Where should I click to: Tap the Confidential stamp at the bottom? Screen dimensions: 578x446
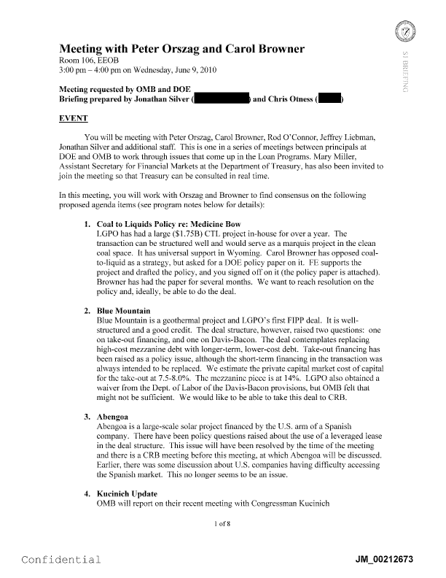pos(61,560)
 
